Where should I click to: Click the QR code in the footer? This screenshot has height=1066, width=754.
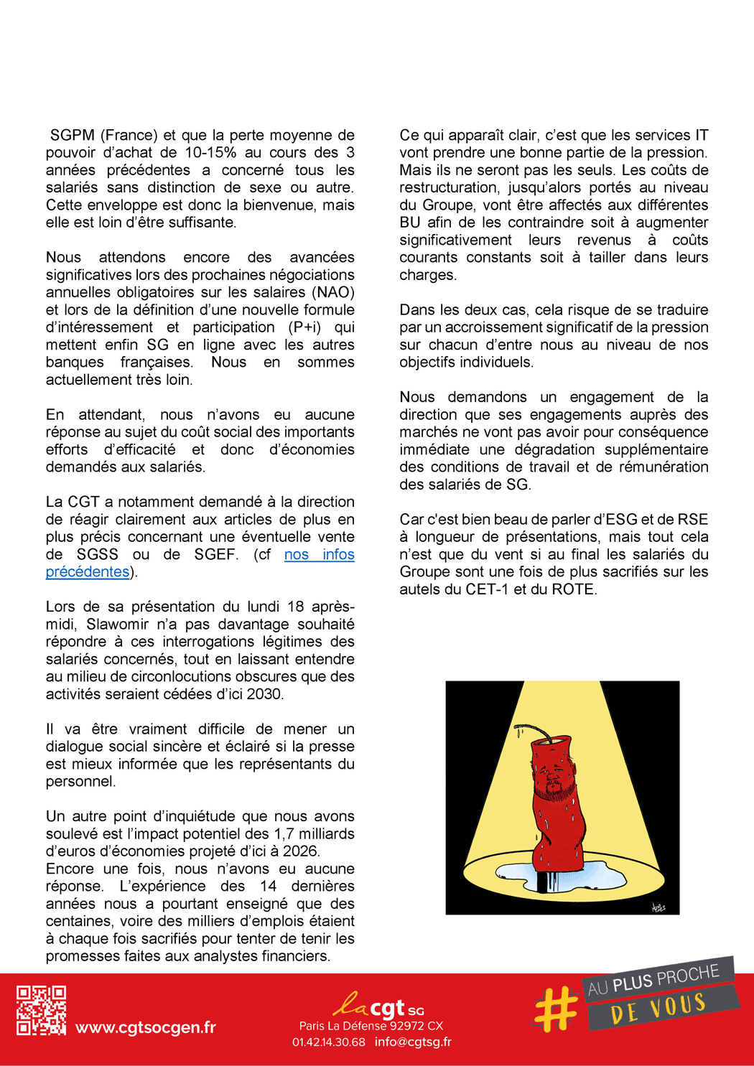42,1010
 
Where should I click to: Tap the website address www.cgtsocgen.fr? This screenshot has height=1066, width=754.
146,1027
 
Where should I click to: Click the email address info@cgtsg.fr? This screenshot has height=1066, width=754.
413,1042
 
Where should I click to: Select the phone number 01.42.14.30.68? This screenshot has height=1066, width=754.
328,1042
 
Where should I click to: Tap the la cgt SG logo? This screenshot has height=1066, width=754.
378,1006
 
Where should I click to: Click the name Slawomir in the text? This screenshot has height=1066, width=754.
118,625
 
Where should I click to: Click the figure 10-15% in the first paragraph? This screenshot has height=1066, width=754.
210,152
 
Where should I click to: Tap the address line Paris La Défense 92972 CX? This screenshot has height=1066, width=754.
371,1026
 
